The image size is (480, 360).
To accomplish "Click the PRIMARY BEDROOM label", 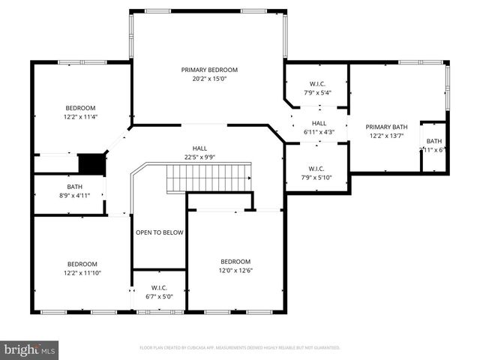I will (x=208, y=70).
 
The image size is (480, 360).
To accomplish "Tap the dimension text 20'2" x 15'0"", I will (x=208, y=78).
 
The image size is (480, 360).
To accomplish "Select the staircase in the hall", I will (x=208, y=178).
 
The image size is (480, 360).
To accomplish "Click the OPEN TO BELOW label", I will (x=159, y=232).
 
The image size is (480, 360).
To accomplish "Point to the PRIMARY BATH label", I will (x=385, y=127).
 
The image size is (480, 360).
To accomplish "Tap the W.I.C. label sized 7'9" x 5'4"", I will (x=316, y=84).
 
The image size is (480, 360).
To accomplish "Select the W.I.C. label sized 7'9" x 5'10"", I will (x=316, y=168).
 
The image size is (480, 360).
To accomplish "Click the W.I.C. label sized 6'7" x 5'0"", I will (x=159, y=287).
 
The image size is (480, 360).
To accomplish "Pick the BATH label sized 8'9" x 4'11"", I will (x=73, y=187).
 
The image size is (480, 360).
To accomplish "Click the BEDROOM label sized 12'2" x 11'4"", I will (x=80, y=108).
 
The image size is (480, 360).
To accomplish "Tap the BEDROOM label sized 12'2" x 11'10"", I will (x=82, y=264).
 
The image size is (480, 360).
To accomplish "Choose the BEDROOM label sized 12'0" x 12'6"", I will (x=235, y=262).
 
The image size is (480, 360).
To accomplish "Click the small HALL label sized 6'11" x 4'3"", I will (x=319, y=124).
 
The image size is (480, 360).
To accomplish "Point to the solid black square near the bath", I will (x=91, y=163).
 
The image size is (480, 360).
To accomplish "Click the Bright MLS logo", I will (x=30, y=349).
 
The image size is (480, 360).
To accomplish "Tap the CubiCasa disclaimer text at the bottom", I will (x=240, y=348).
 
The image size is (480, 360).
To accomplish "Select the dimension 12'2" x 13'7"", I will (x=385, y=136).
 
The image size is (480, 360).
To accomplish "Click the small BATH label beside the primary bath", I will (x=434, y=141).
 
